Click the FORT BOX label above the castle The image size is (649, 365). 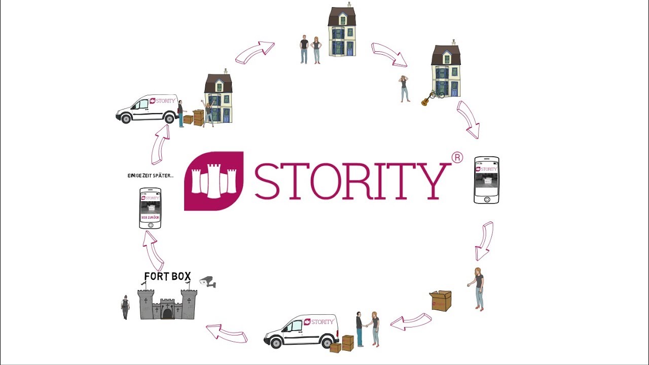tap(167, 276)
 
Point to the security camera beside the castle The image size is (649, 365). tap(208, 282)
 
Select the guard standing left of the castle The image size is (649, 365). tap(125, 307)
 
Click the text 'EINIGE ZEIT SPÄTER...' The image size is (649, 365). tap(150, 176)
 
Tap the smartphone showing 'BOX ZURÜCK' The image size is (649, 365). tap(150, 208)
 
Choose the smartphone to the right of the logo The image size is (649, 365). tap(486, 180)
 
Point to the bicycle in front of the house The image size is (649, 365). tap(437, 94)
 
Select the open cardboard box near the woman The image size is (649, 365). tap(441, 301)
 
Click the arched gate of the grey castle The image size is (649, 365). tap(167, 313)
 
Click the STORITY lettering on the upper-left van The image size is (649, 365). tap(165, 101)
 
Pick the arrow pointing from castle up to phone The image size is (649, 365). tap(153, 250)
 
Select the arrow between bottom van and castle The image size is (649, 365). tap(226, 334)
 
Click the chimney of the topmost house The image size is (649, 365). tap(349, 5)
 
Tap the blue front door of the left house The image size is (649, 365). tap(226, 116)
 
